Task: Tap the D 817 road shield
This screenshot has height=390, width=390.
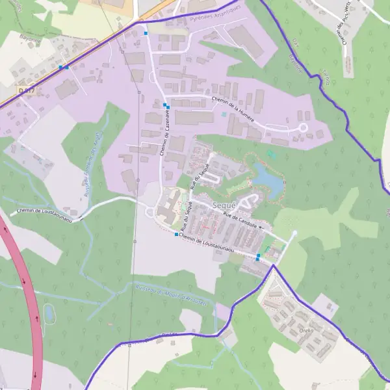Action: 26,90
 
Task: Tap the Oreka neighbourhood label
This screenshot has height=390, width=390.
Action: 307,330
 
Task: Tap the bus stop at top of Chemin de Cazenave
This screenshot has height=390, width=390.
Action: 146,33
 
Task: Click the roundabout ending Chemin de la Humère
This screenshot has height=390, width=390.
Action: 302,128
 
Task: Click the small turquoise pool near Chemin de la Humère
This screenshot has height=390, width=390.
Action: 224,114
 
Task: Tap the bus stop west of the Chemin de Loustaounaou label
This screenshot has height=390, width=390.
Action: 176,234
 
